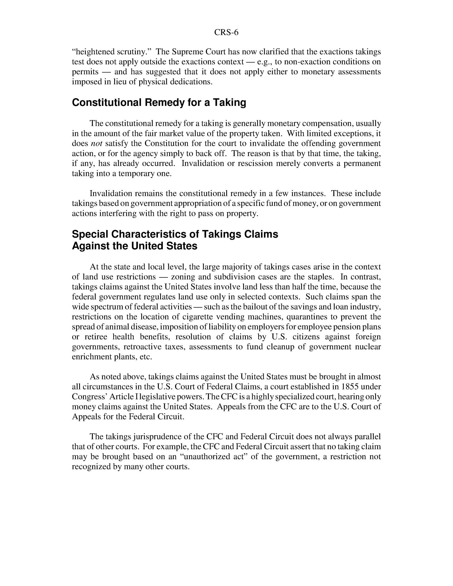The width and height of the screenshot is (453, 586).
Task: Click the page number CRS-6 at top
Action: click(226, 32)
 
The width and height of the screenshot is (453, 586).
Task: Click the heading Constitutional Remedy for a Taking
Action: click(159, 103)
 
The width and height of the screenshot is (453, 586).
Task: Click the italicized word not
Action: click(97, 143)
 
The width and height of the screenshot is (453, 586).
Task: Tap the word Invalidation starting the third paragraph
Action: click(111, 193)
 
